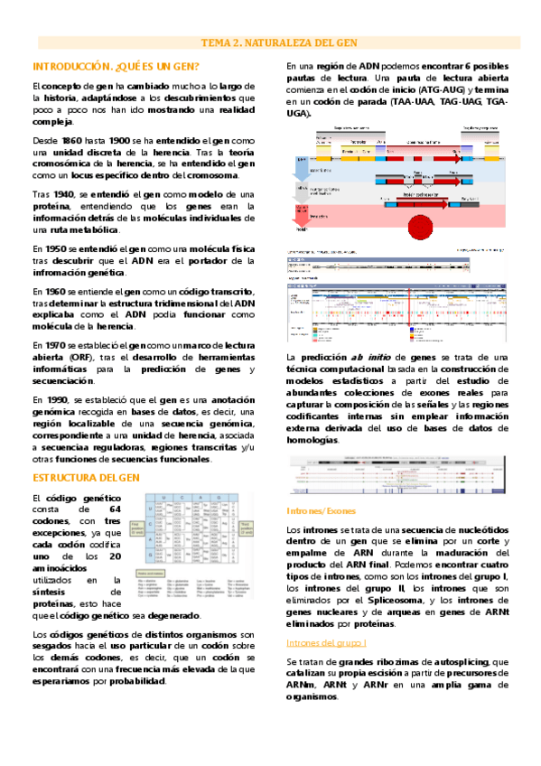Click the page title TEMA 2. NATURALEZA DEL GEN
coord(270,41)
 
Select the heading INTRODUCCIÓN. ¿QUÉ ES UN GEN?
coord(117,67)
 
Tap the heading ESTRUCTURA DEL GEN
coord(85,476)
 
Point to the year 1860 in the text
coord(70,142)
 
